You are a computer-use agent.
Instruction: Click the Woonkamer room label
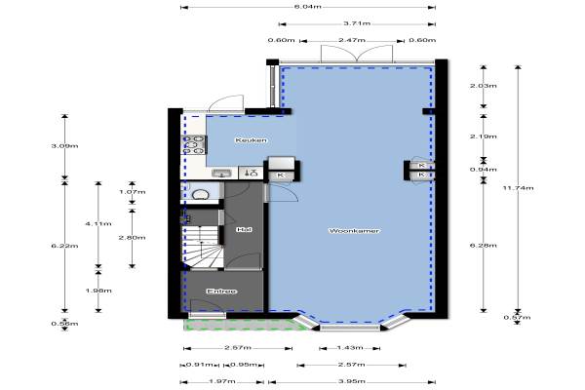tap(354, 231)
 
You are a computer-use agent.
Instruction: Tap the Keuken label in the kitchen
tap(252, 140)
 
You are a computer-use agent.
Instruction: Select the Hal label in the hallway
tap(244, 229)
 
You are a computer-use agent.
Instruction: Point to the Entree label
tap(221, 292)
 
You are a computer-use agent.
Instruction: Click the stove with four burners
tap(194, 145)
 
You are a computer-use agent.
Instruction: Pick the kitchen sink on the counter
tap(221, 174)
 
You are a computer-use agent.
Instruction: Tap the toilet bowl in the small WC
tap(200, 194)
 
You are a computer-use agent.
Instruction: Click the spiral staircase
tap(202, 247)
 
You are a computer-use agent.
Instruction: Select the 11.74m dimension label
tap(519, 188)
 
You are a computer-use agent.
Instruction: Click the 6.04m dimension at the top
tap(308, 7)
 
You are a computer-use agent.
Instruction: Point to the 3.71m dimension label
tap(357, 23)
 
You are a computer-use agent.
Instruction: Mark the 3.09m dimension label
tap(65, 146)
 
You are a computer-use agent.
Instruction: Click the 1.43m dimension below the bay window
tap(350, 348)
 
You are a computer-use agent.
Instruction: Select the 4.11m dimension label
tap(98, 223)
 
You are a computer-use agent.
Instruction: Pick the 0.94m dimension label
tap(484, 170)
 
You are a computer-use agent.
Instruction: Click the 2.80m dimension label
tap(132, 237)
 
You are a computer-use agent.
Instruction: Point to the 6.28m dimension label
tap(484, 245)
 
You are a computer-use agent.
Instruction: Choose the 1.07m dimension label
tap(132, 192)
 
